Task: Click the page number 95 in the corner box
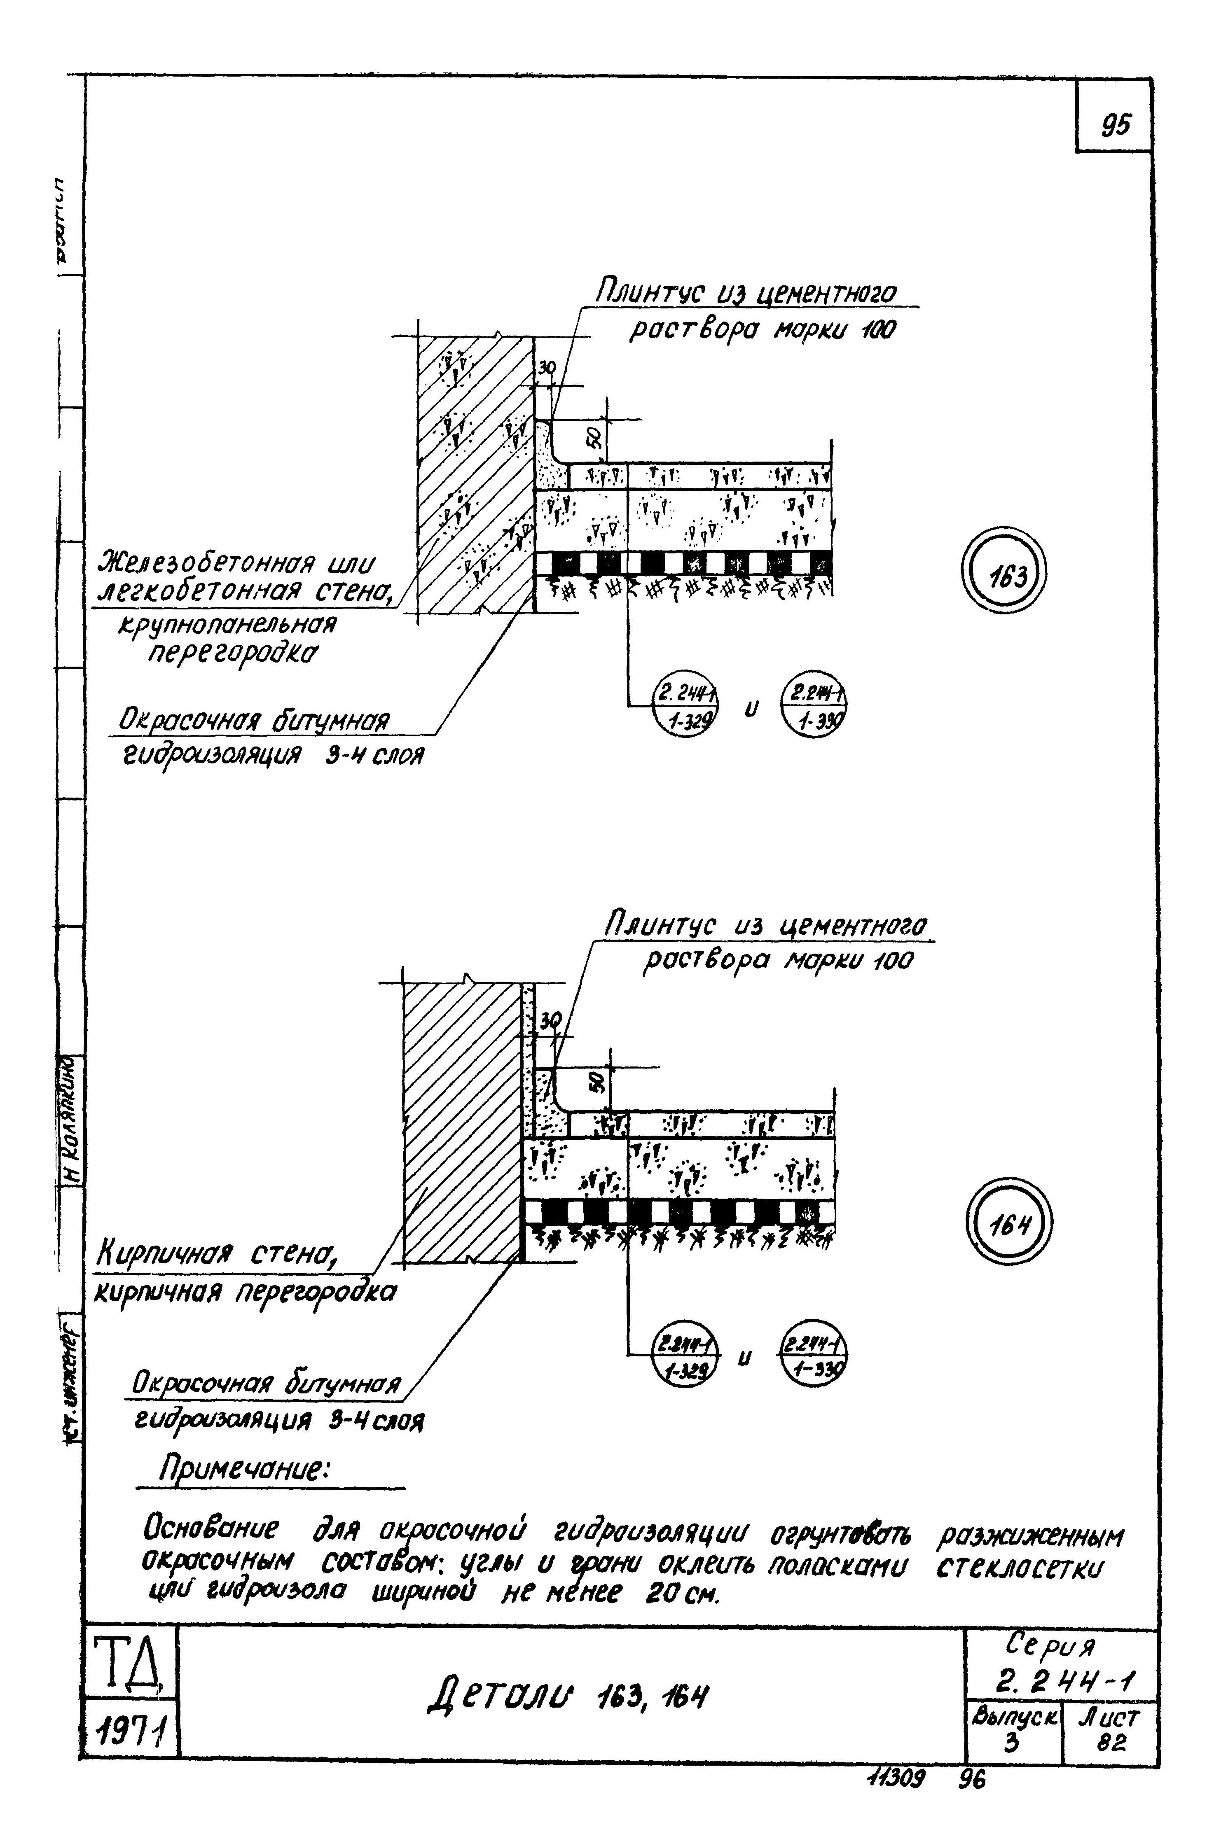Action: (1115, 124)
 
